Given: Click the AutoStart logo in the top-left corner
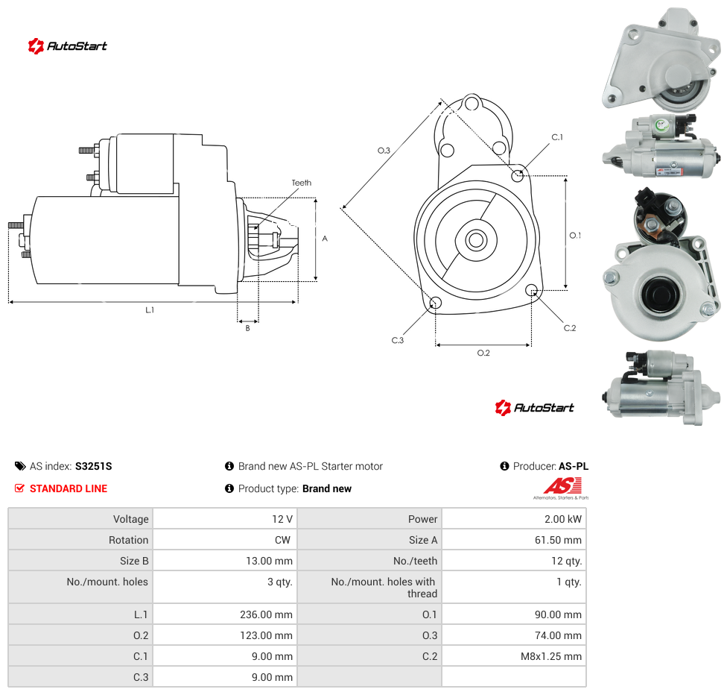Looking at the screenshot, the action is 68,45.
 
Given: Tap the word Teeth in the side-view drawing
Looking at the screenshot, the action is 302,183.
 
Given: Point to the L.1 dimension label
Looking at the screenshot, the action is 150,310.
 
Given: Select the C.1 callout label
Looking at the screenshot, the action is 557,137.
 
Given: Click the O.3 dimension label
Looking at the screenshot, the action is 384,151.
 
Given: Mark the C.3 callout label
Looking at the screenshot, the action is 398,340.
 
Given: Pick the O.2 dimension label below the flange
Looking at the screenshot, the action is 483,353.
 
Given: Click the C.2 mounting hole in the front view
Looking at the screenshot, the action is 531,290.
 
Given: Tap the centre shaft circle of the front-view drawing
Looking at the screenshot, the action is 476,240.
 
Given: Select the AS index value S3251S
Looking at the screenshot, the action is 94,467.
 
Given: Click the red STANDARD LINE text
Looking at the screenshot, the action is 69,489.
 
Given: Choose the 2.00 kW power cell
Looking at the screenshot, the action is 563,519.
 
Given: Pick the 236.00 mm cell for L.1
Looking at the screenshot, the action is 266,614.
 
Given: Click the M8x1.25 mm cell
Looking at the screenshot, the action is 550,656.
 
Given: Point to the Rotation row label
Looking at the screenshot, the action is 128,540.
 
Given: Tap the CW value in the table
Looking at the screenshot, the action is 282,540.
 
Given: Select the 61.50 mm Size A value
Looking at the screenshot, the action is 558,540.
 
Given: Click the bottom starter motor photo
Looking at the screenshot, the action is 661,387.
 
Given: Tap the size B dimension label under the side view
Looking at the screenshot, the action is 247,328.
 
